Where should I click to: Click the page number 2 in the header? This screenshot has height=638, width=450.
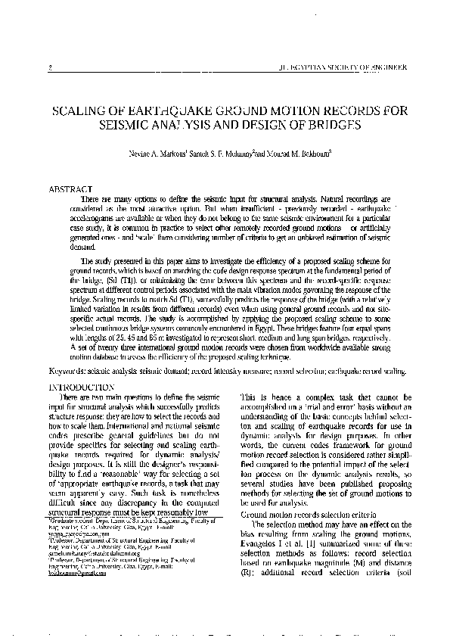(x=48, y=67)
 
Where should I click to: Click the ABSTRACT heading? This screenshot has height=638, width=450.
(x=70, y=187)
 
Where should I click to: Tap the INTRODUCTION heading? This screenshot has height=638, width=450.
(x=82, y=387)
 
